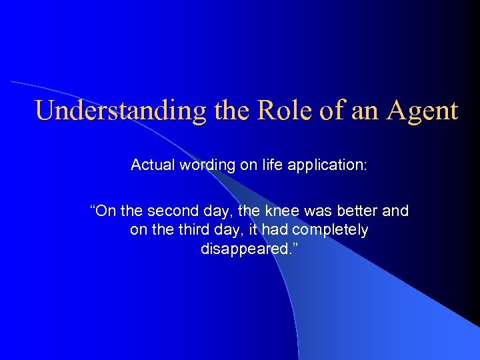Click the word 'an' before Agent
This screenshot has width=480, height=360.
[x=363, y=111]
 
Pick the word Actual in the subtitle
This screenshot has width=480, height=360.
[x=151, y=165]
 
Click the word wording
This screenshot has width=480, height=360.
[x=204, y=165]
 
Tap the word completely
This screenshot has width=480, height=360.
[x=335, y=230]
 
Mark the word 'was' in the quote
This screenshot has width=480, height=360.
[x=314, y=211]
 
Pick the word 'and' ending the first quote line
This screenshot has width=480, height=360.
[x=396, y=211]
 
